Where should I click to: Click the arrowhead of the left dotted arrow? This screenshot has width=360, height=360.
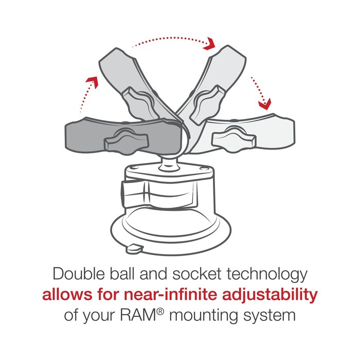tap(93, 81)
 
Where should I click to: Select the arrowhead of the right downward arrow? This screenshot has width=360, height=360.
tap(265, 104)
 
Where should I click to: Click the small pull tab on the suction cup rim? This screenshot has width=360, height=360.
tap(134, 249)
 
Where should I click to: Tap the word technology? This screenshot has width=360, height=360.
tap(267, 274)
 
